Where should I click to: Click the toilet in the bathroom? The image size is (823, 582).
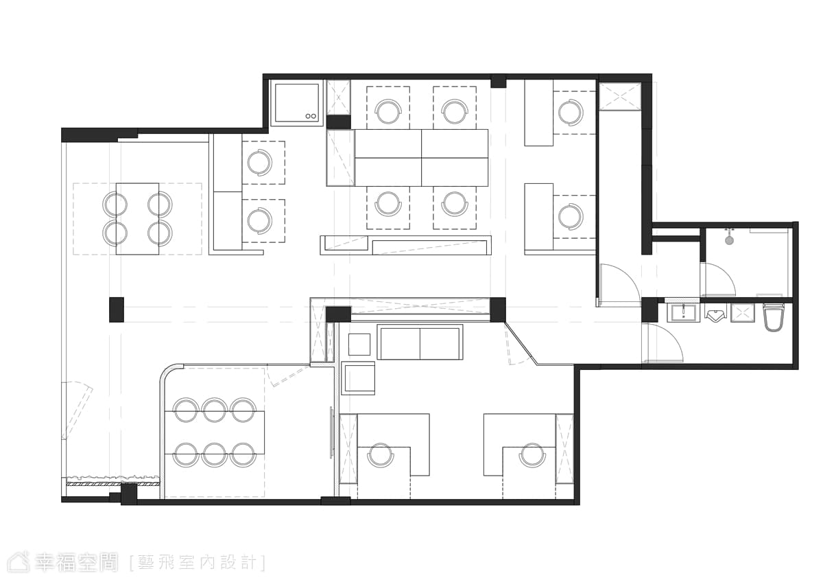(773, 316)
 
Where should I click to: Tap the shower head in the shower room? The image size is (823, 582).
(729, 240)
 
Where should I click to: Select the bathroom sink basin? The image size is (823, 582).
(683, 314)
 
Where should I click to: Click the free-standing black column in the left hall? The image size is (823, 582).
(117, 310)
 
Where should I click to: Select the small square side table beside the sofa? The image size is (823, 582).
(359, 345)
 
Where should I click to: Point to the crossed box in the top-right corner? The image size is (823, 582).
(620, 96)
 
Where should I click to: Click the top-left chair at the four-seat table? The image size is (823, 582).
(115, 204)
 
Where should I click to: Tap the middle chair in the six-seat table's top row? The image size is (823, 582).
(214, 410)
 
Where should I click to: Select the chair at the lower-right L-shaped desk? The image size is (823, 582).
(532, 456)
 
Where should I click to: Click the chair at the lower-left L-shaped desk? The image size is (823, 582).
(380, 456)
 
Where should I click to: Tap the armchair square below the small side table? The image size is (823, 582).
(358, 378)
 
